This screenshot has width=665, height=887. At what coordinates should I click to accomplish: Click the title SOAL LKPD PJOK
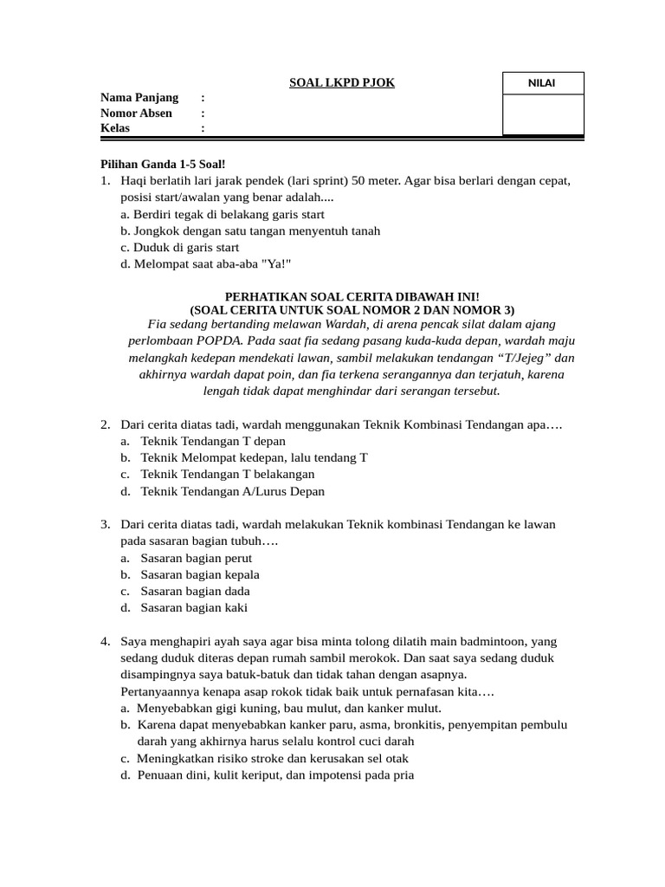[x=341, y=82]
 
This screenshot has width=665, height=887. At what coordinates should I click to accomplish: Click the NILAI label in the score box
[x=543, y=83]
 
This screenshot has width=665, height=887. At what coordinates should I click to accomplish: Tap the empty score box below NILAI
[x=543, y=114]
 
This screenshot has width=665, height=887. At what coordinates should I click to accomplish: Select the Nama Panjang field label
[x=139, y=97]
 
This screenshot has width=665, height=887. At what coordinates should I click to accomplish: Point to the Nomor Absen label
[x=136, y=113]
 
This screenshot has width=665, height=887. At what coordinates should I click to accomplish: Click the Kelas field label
[x=115, y=128]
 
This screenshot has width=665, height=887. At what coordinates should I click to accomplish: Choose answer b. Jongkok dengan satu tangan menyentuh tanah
[x=250, y=230]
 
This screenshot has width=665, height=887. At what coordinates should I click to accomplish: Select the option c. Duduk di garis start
[x=180, y=247]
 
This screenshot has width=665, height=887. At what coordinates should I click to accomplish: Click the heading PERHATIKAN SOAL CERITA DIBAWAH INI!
[x=352, y=296]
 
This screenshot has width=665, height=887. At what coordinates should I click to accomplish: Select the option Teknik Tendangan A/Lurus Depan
[x=232, y=491]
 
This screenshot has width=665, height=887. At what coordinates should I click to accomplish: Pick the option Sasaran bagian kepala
[x=199, y=574]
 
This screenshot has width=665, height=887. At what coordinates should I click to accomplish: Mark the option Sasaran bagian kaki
[x=193, y=607]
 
